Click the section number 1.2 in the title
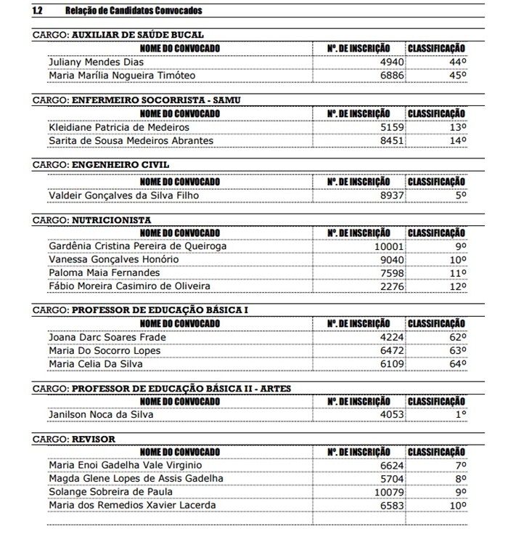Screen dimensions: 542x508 [x=38, y=11]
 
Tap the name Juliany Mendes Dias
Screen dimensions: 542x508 [x=96, y=62]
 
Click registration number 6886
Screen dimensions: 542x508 [x=392, y=75]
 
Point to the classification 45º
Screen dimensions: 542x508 [x=457, y=75]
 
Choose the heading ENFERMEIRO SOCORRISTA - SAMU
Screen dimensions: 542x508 [x=156, y=100]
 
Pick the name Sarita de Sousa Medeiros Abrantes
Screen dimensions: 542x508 [x=131, y=140]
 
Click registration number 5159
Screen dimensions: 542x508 [x=392, y=127]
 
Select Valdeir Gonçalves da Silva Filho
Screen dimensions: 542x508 [x=123, y=195]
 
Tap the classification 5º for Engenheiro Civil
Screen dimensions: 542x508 [x=460, y=195]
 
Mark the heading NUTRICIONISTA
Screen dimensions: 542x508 [x=111, y=219]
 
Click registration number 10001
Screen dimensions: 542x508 [x=389, y=246]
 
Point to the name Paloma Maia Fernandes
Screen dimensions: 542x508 [x=104, y=272]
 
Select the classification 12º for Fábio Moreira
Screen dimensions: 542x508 [x=457, y=286]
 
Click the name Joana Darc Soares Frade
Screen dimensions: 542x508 [x=107, y=337]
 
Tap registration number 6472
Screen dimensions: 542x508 [x=392, y=350]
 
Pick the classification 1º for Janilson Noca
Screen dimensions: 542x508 [x=460, y=415]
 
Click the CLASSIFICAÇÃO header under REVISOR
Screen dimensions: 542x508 [x=436, y=452]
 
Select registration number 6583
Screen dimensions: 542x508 [x=392, y=505]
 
